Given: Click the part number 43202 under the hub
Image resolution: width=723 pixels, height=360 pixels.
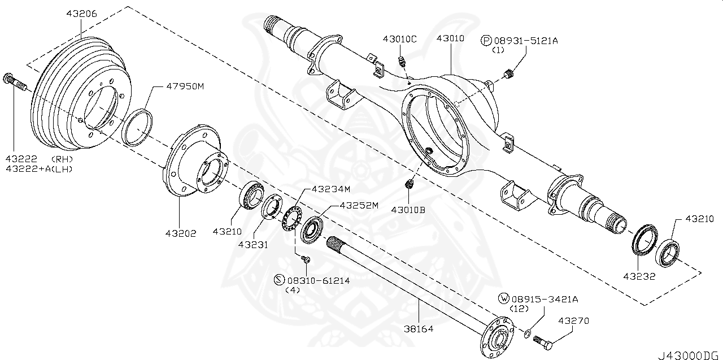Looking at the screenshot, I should tap(181, 233).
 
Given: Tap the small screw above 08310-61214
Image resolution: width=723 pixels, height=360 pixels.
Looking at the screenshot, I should tap(306, 259).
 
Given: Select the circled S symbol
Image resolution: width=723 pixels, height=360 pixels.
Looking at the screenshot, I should tap(278, 280).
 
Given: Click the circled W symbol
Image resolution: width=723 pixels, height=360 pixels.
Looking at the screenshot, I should tap(502, 298).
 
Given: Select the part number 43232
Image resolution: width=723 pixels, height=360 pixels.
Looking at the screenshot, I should tap(639, 276).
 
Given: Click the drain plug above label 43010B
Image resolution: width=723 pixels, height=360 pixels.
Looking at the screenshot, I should tap(410, 184).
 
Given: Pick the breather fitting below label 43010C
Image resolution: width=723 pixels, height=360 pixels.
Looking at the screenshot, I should tap(402, 60).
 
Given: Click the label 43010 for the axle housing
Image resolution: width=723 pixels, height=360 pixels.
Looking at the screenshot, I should tap(450, 39).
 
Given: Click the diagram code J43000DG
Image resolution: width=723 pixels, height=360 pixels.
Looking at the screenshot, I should tap(689, 354).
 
